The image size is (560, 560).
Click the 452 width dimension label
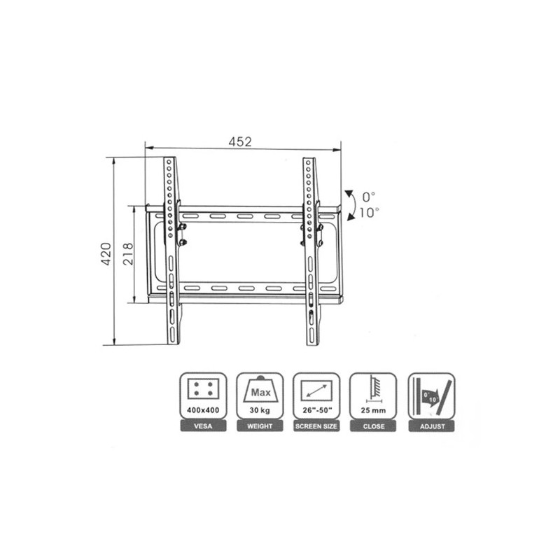click(x=240, y=142)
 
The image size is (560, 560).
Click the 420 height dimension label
click(x=106, y=254)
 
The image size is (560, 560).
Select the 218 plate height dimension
click(x=128, y=254)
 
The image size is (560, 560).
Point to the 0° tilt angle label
click(x=369, y=197)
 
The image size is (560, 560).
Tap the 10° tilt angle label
click(x=370, y=213)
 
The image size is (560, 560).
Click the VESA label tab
click(x=203, y=426)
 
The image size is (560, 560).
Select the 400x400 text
click(x=203, y=410)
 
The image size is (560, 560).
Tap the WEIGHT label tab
click(x=260, y=426)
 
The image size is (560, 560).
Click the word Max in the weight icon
click(x=260, y=393)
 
